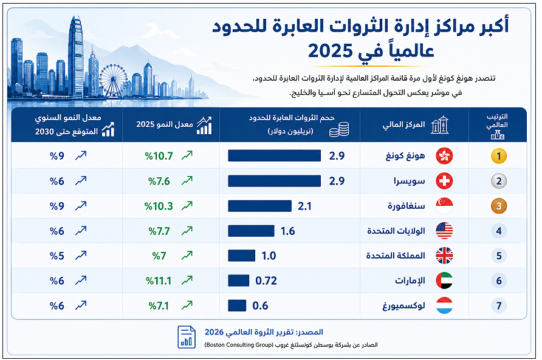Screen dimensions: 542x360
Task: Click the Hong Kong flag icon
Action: pyautogui.click(x=444, y=156)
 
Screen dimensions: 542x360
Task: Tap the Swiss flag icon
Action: pyautogui.click(x=444, y=181)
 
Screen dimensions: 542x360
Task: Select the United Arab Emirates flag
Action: pyautogui.click(x=444, y=280)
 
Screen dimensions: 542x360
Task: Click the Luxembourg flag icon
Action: pyautogui.click(x=444, y=305)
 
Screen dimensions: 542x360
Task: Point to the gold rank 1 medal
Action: pyautogui.click(x=499, y=156)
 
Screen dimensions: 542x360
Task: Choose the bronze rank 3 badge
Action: pyautogui.click(x=499, y=206)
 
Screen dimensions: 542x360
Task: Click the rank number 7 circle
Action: pyautogui.click(x=499, y=306)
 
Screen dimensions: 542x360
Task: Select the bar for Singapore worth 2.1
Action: pyautogui.click(x=259, y=206)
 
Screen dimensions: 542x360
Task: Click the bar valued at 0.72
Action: pyautogui.click(x=239, y=280)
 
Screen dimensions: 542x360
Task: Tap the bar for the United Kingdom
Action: pyautogui.click(x=242, y=256)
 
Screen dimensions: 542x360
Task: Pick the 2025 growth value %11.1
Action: pyautogui.click(x=159, y=281)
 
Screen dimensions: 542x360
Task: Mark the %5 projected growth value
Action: pyautogui.click(x=57, y=256)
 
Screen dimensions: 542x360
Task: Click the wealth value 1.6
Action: pyautogui.click(x=287, y=231)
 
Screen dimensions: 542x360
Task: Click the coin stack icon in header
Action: pyautogui.click(x=339, y=129)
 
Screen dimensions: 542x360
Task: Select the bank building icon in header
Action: pyautogui.click(x=440, y=124)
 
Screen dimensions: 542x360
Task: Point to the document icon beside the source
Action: pyautogui.click(x=187, y=337)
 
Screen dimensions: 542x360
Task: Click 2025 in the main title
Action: pyautogui.click(x=331, y=51)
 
